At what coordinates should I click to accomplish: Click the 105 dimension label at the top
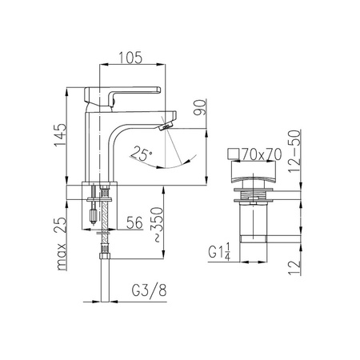click(x=130, y=58)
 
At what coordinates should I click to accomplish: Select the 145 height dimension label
click(x=60, y=134)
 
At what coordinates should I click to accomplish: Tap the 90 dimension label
click(x=200, y=107)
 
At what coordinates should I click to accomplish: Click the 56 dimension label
click(x=134, y=222)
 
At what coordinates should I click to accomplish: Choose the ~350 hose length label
click(x=157, y=224)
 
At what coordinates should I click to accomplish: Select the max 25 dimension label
click(x=61, y=244)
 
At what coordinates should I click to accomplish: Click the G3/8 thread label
click(x=150, y=290)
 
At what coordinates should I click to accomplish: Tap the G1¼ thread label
click(x=219, y=251)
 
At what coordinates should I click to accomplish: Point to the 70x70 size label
click(x=262, y=154)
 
